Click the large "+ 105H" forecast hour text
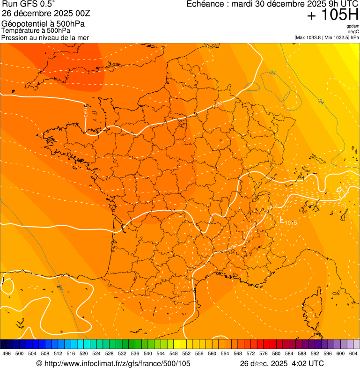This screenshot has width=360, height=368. (333, 15)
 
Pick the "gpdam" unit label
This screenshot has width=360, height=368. (353, 26)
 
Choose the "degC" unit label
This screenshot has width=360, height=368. (353, 32)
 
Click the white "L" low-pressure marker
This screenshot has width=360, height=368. (281, 219)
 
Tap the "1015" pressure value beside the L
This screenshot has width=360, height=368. (291, 222)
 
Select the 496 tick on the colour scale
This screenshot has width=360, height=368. (7, 353)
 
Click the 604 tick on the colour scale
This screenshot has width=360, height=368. (353, 353)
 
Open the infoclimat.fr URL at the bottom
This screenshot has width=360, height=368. (113, 363)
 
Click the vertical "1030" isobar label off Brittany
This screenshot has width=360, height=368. (86, 111)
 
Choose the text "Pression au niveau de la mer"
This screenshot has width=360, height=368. (45, 37)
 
